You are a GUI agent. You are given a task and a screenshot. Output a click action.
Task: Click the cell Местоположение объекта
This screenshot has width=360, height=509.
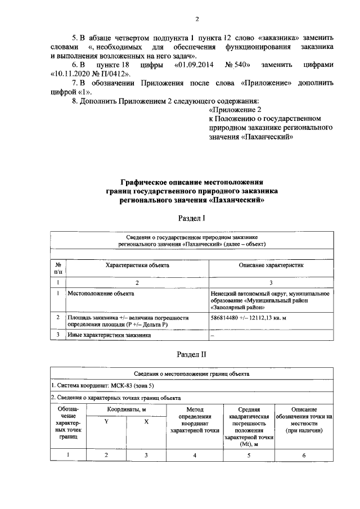[x=100, y=293]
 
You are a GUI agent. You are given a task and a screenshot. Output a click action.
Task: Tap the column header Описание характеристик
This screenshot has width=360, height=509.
[x=271, y=264]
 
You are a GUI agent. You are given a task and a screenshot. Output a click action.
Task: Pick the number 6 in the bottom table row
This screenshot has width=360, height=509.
[x=304, y=455]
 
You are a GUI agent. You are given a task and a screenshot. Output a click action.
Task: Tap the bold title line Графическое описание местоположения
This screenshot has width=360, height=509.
[x=193, y=182]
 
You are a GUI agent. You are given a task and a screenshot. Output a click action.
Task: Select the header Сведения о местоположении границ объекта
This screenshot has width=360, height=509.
[x=192, y=373]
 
